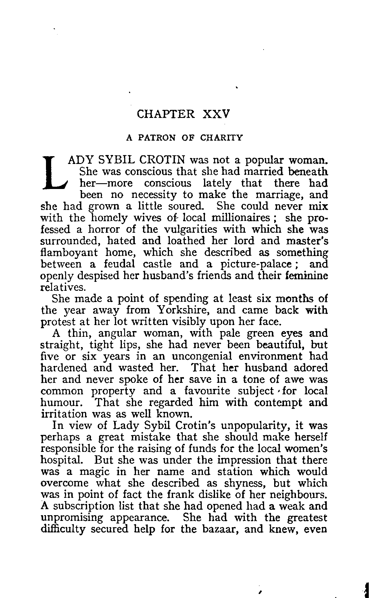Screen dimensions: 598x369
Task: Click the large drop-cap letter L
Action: point(55,173)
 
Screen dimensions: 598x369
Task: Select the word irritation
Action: point(64,414)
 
